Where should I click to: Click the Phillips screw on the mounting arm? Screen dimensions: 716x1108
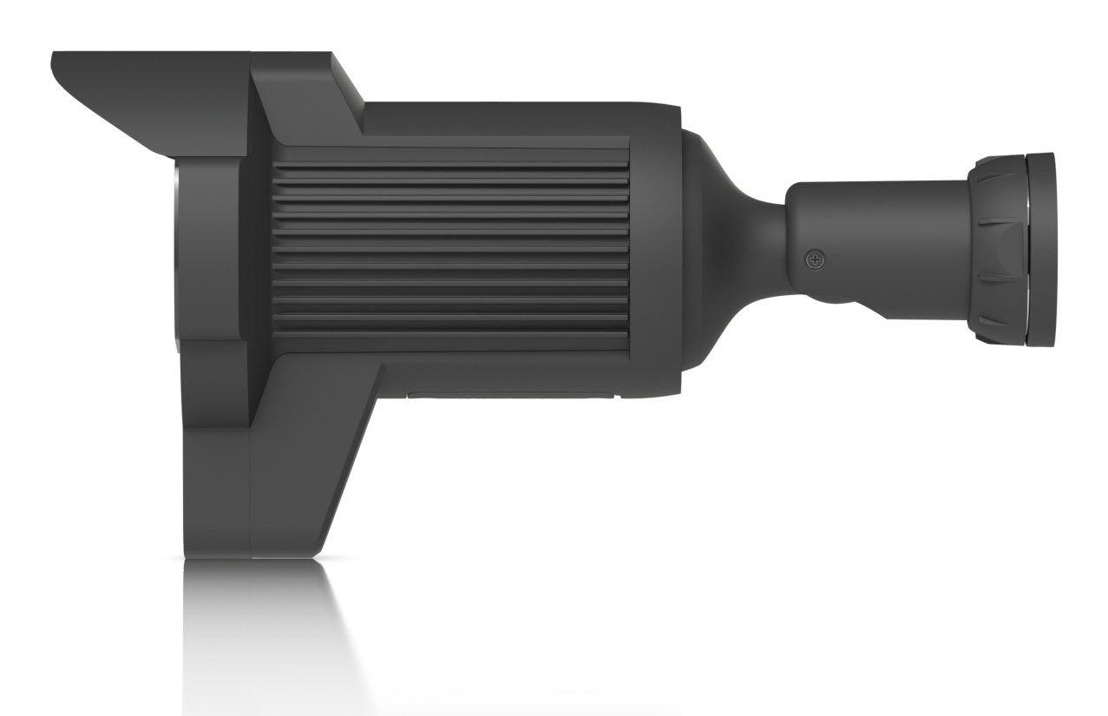pyautogui.click(x=815, y=259)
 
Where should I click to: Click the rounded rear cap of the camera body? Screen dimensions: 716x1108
pyautogui.click(x=659, y=252)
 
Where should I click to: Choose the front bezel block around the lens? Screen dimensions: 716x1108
pyautogui.click(x=213, y=260)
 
